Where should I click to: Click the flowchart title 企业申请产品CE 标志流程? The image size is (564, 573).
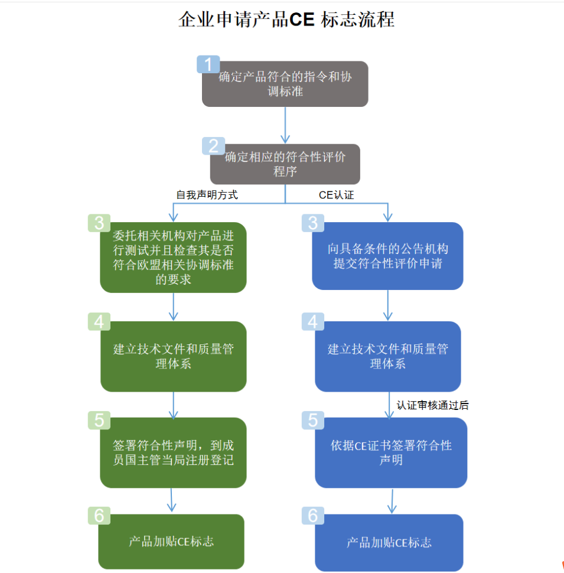pos(286,19)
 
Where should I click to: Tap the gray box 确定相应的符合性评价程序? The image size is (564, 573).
pos(285,164)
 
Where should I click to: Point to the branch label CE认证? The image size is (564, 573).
pos(336,195)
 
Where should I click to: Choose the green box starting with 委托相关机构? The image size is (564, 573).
pos(173,258)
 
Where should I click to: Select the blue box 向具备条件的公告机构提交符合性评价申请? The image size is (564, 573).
pos(387,256)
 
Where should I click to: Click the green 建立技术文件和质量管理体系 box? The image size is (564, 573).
pos(173,356)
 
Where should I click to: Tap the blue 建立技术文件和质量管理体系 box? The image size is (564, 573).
pos(387,356)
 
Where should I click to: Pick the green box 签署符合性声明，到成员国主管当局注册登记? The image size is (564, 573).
pos(173,452)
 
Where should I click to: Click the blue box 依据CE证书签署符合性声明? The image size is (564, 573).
pos(391,452)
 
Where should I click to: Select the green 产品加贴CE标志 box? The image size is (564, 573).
pos(171,541)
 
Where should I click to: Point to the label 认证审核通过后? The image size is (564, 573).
pos(433,405)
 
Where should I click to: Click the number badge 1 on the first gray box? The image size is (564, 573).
pos(208,64)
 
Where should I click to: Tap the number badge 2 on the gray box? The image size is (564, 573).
pos(213,146)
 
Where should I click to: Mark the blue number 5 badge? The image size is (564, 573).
pos(313,420)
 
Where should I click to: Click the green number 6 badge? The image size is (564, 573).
pos(99,516)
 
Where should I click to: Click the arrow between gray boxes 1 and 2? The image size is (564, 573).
pos(285,125)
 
